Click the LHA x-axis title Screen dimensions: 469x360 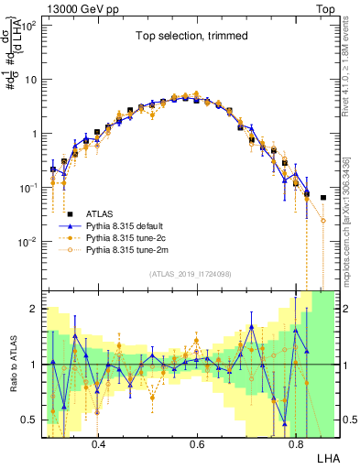(329, 456)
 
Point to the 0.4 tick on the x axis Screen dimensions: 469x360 (99, 440)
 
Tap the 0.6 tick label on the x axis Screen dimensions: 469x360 (197, 440)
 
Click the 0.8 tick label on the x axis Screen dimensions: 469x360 (295, 440)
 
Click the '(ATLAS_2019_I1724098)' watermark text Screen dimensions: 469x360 (191, 274)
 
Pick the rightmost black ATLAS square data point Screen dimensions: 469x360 (322, 197)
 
